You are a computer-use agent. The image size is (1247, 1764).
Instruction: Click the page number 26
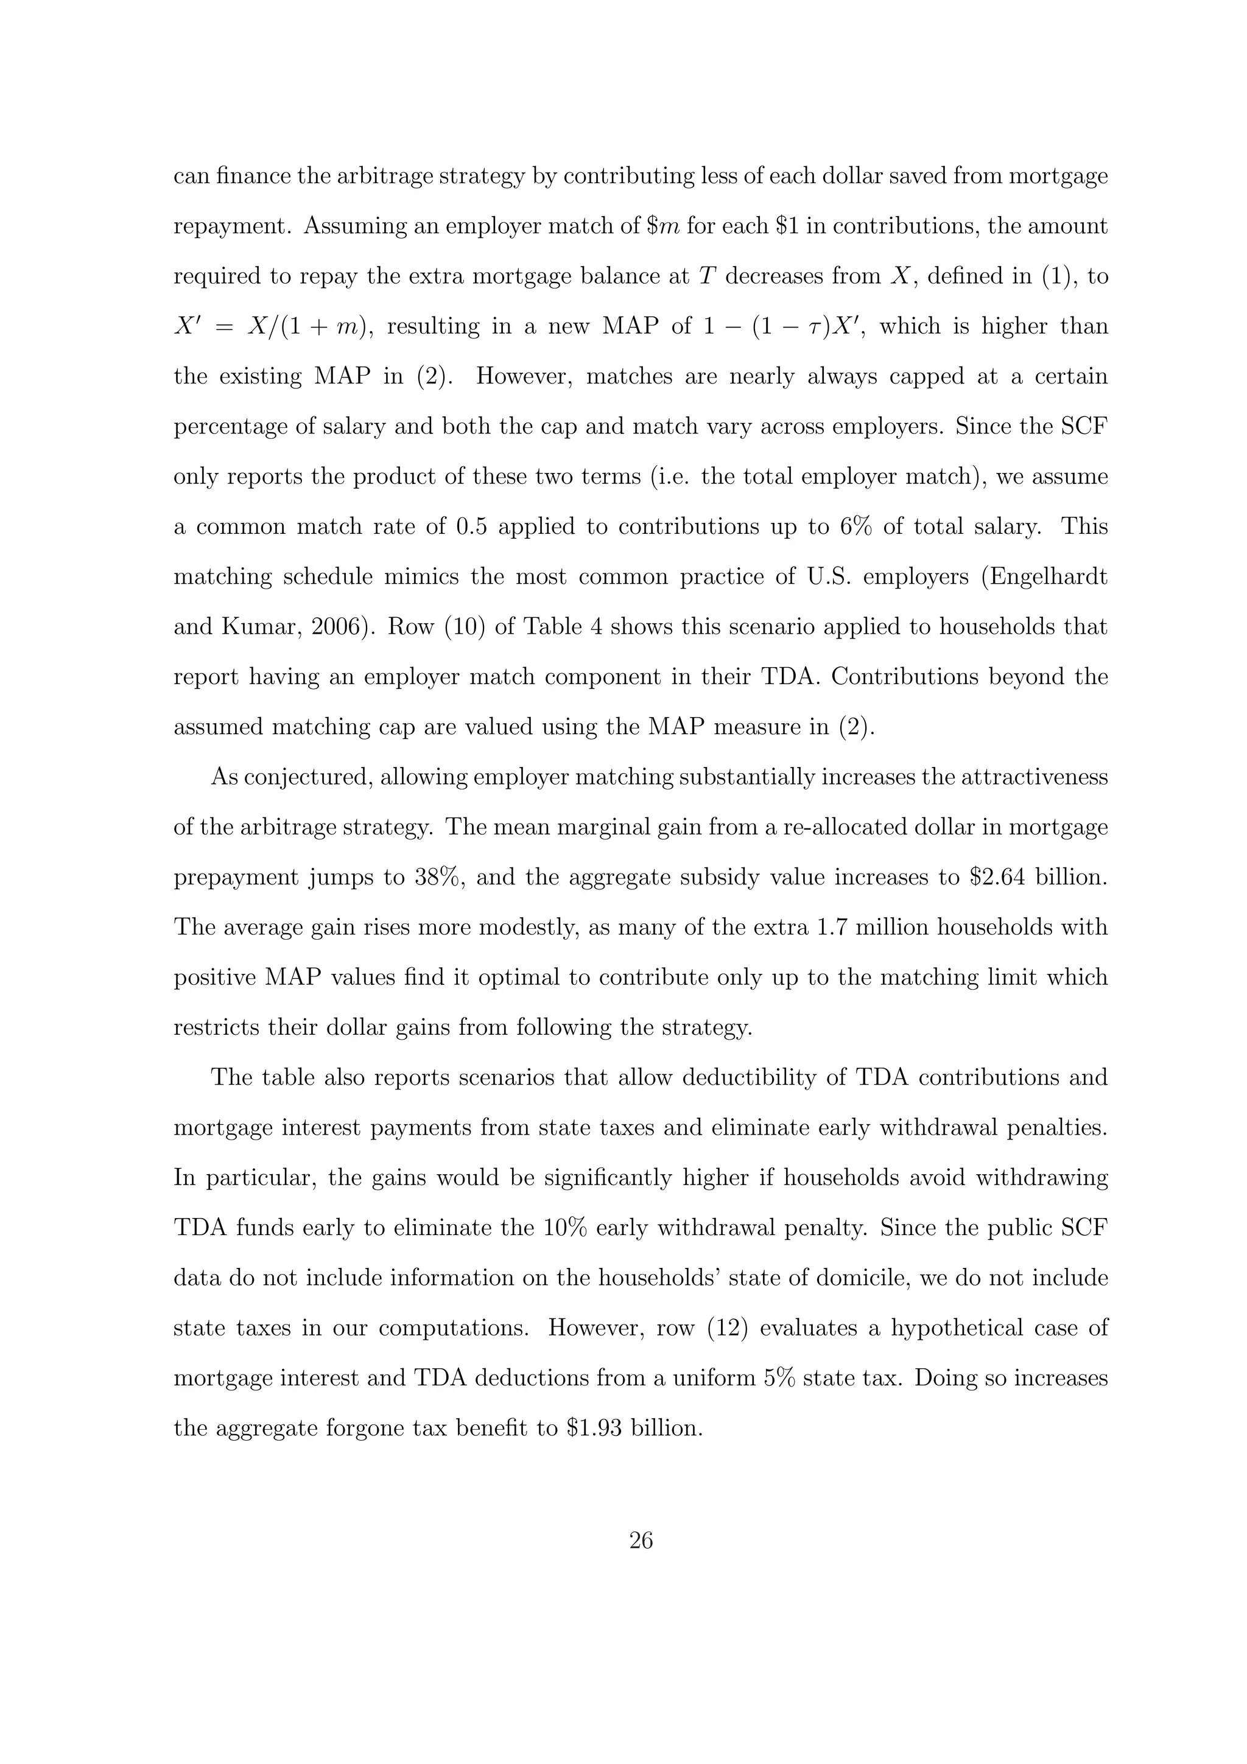pos(641,1541)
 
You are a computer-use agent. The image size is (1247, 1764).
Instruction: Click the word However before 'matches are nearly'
pos(518,376)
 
